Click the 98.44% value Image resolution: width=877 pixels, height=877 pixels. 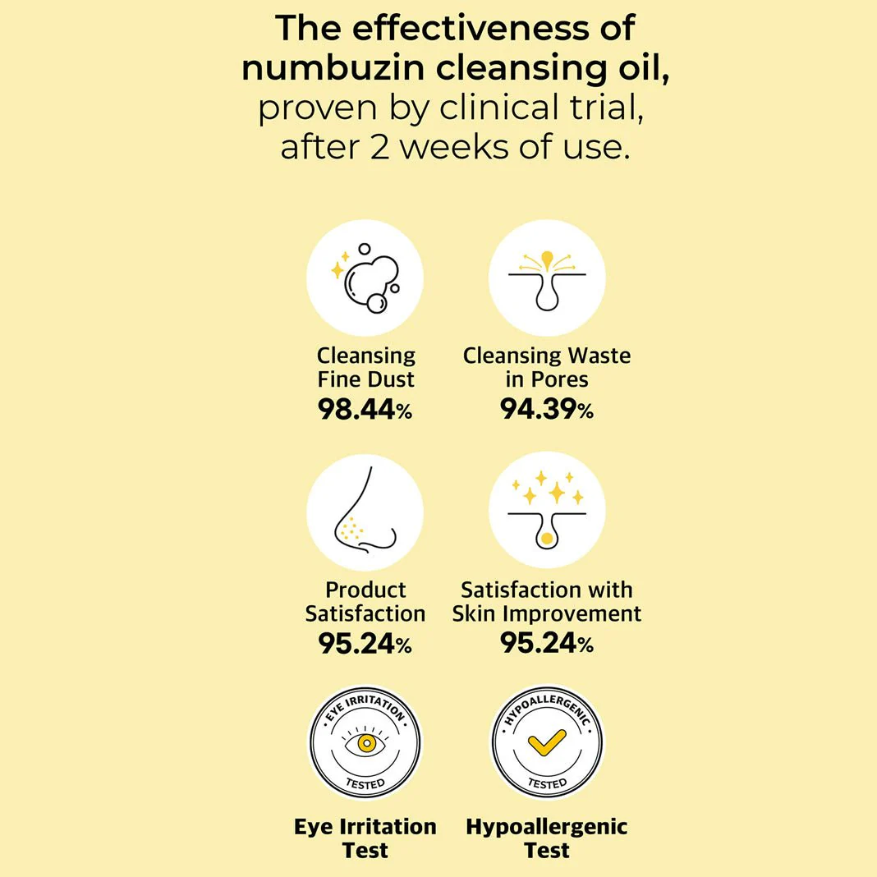[365, 408]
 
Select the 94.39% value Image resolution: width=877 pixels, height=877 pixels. [547, 408]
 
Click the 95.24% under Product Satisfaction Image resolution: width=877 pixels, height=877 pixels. [365, 644]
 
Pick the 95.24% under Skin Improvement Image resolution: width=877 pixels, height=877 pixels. [547, 644]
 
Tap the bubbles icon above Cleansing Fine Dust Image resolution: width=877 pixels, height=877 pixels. [365, 278]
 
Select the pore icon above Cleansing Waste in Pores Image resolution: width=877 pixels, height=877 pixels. [547, 278]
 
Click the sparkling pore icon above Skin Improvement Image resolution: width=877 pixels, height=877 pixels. [547, 510]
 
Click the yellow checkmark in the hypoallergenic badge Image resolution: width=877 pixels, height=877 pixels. [547, 744]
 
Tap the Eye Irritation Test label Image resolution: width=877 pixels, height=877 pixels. [365, 838]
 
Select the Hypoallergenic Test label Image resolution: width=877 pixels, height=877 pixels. [547, 838]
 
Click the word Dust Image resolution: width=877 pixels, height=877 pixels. [388, 379]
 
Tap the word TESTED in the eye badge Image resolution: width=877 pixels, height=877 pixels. [365, 783]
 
